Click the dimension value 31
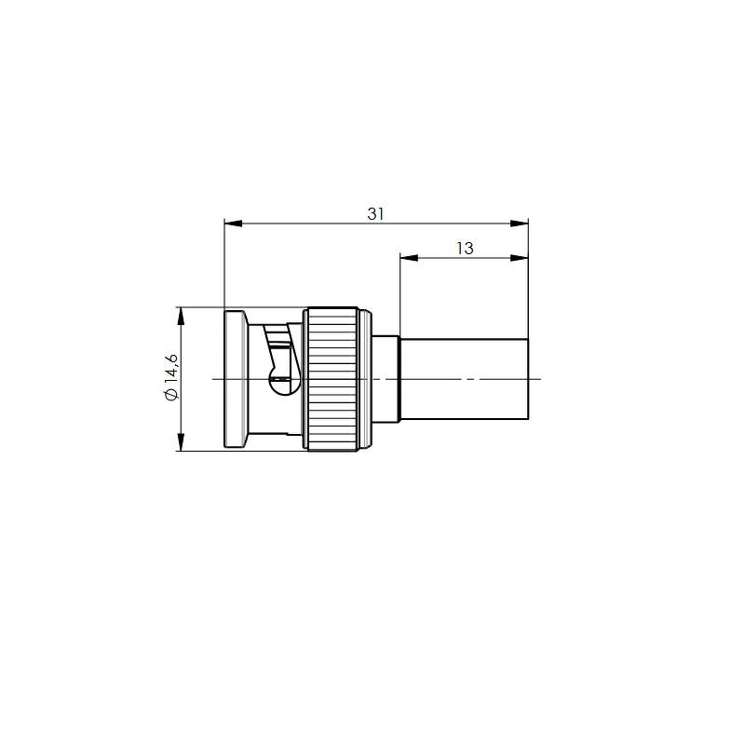click(375, 214)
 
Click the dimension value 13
click(465, 249)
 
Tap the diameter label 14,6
click(171, 368)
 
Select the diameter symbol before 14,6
click(171, 394)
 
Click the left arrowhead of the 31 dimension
click(233, 223)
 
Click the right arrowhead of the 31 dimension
click(520, 223)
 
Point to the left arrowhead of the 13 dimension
click(409, 258)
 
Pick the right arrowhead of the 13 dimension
click(520, 258)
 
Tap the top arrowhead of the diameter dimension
click(181, 316)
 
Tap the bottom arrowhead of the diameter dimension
click(181, 441)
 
